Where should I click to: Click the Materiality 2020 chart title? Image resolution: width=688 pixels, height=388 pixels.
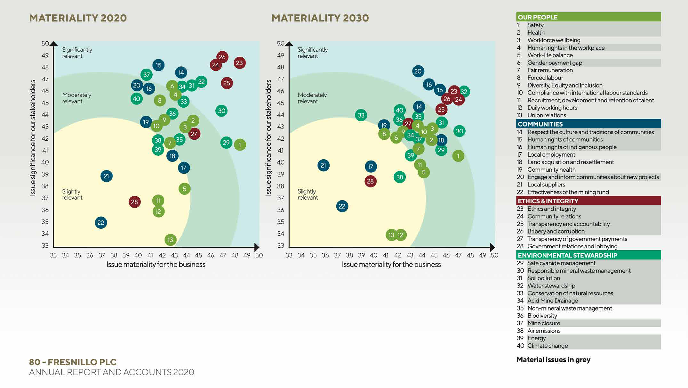coord(78,18)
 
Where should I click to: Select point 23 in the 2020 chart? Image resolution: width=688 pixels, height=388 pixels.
coord(239,63)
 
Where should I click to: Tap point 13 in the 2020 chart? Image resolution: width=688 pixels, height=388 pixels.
coord(170,240)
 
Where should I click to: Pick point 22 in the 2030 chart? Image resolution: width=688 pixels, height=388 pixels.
coord(342,206)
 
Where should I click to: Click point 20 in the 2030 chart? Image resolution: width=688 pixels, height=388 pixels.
coord(418,71)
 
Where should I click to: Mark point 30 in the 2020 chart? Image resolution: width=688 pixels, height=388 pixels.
coord(221,111)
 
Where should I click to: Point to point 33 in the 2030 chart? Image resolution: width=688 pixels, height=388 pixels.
coord(361,115)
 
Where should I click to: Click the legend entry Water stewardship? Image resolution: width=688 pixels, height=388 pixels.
coord(551,285)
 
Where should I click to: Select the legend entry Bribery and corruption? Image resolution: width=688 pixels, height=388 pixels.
coord(556,231)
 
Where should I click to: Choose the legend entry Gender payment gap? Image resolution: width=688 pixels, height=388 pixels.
coord(555,63)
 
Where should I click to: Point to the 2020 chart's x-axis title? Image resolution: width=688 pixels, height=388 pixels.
coord(156,264)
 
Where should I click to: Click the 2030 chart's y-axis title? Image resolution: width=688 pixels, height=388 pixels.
coord(268,138)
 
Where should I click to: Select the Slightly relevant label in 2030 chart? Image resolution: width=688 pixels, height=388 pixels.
coord(308,194)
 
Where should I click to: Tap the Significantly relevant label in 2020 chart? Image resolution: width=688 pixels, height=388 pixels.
coord(77,53)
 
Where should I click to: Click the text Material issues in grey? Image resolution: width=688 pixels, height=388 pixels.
coord(553,359)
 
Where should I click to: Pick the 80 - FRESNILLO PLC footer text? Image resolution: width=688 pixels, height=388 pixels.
coord(73,362)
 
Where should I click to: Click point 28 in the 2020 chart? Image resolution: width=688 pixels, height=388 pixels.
coord(134,202)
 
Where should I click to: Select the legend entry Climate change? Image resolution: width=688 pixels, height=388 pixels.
coord(548,346)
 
